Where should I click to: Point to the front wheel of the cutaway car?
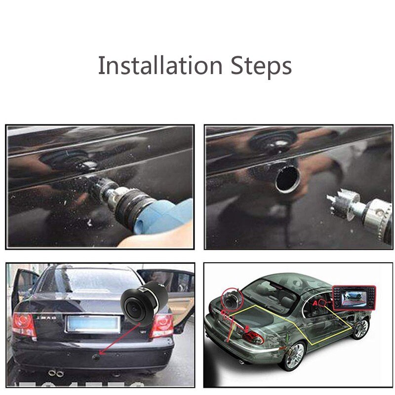362,327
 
